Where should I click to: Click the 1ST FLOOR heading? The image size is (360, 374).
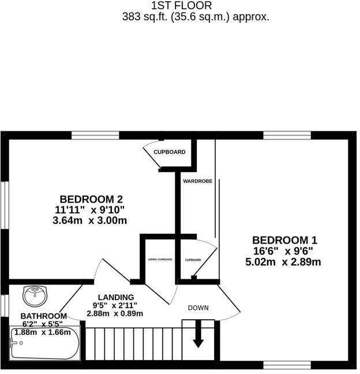click(x=179, y=6)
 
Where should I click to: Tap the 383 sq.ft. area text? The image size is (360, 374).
click(x=196, y=17)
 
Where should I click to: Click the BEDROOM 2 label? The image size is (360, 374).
click(x=91, y=199)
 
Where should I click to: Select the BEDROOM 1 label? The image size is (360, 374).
click(x=284, y=240)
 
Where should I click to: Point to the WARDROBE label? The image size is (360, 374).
click(x=198, y=181)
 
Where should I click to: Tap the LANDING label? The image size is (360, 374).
click(x=115, y=297)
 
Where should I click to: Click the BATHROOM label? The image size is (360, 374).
click(x=43, y=316)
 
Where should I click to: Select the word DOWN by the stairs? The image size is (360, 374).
click(x=198, y=308)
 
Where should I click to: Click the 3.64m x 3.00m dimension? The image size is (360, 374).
click(x=91, y=220)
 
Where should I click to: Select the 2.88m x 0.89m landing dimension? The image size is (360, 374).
click(x=115, y=313)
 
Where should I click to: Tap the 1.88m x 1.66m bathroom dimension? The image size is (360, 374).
click(x=44, y=332)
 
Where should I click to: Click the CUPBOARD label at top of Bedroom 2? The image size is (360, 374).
click(x=170, y=152)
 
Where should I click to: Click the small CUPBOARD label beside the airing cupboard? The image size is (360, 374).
click(x=193, y=260)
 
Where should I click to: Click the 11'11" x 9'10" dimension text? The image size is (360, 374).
click(x=91, y=210)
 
